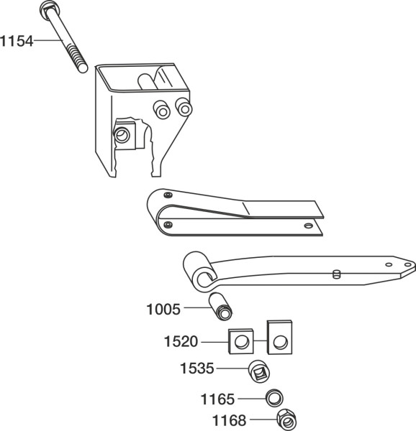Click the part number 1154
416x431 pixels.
pyautogui.click(x=17, y=41)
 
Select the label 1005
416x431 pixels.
pyautogui.click(x=163, y=309)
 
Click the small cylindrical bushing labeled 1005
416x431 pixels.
pyautogui.click(x=220, y=307)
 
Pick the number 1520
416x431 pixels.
pyautogui.click(x=181, y=342)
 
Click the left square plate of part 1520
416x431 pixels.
pyautogui.click(x=241, y=341)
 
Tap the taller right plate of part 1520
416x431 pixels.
pyautogui.click(x=279, y=337)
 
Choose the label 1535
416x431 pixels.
pyautogui.click(x=197, y=368)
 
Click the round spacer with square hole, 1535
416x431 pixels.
pyautogui.click(x=259, y=371)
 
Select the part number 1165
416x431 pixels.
pyautogui.click(x=217, y=399)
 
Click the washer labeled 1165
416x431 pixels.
pyautogui.click(x=274, y=398)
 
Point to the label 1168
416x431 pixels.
pyautogui.click(x=230, y=420)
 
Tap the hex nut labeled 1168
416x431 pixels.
pyautogui.click(x=286, y=420)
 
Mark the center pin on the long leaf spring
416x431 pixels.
pyautogui.click(x=336, y=274)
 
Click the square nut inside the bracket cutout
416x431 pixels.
pyautogui.click(x=125, y=136)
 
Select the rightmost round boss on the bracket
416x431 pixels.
pyautogui.click(x=184, y=108)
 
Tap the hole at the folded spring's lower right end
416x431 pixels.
pyautogui.click(x=308, y=226)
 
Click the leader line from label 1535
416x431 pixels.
pyautogui.click(x=232, y=369)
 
